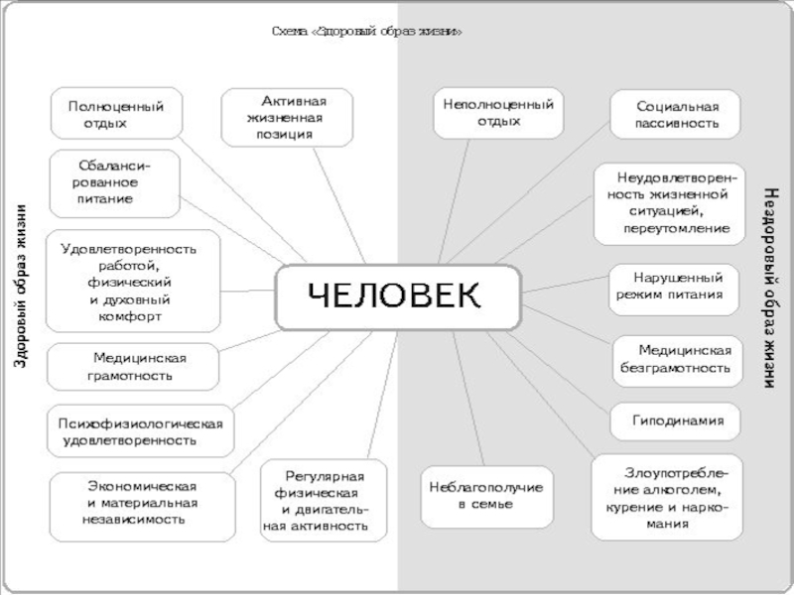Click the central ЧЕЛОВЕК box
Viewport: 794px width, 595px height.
point(397,297)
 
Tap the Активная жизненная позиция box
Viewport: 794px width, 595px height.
point(288,117)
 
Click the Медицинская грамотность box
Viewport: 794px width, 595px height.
point(134,367)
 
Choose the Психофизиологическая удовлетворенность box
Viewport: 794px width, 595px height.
point(139,431)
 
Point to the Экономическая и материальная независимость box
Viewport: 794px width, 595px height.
point(142,503)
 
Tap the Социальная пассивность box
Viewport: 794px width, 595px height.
point(676,115)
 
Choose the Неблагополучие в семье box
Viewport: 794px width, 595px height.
point(486,496)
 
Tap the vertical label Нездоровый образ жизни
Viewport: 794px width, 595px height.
point(773,288)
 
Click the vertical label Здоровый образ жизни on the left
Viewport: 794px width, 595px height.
point(20,288)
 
